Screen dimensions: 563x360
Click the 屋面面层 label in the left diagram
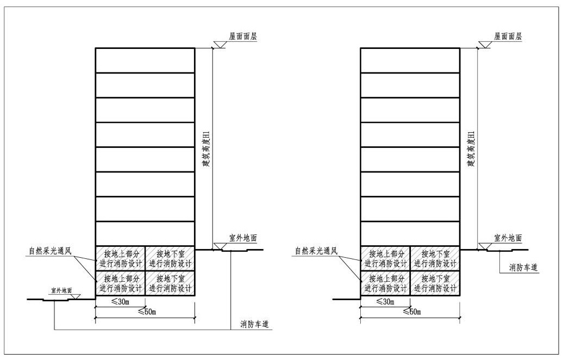pos(243,36)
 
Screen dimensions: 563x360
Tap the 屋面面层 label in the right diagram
pos(508,36)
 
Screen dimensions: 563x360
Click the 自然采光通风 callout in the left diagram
pos(50,251)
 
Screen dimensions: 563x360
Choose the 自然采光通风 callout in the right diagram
pos(316,251)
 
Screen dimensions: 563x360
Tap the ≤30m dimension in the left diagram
pos(120,301)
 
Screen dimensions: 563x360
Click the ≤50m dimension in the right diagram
pos(411,312)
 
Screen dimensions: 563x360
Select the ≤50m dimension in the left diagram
pos(147,312)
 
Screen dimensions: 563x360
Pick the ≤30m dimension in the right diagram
pos(385,301)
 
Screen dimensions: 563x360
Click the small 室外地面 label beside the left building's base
pos(61,290)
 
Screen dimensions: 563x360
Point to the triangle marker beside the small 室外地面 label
pos(76,296)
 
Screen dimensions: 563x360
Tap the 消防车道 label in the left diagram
pos(254,325)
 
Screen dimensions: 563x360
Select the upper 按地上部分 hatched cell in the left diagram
pos(120,258)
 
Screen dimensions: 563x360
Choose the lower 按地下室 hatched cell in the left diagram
pos(170,283)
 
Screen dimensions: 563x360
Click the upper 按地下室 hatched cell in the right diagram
pos(435,258)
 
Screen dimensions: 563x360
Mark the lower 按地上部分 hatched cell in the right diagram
pos(385,283)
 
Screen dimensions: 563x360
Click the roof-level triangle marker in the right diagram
pos(484,45)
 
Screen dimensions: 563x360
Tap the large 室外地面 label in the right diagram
pos(508,238)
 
